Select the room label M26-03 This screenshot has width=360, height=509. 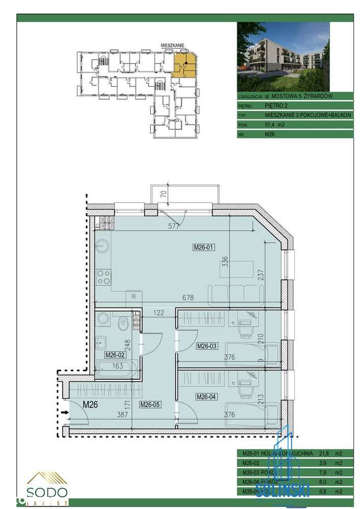click(x=207, y=346)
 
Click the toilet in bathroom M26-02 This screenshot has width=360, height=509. click(x=123, y=324)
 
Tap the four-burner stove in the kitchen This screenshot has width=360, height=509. click(x=104, y=277)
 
